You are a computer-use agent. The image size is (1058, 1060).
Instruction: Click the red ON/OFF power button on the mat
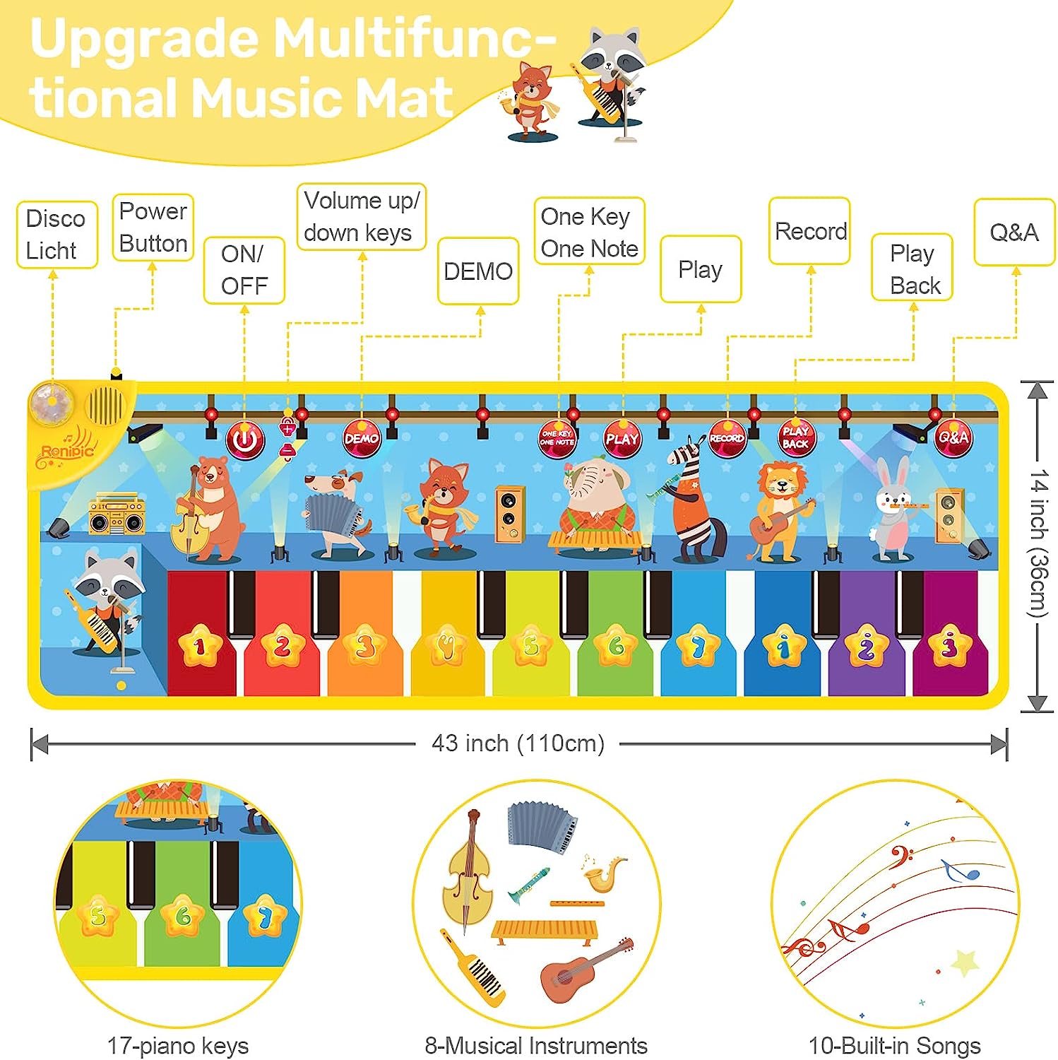244,440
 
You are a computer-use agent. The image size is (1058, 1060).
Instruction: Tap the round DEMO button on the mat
361,439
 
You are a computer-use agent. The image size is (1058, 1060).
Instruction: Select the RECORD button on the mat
727,438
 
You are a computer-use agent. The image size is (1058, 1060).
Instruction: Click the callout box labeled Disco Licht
57,235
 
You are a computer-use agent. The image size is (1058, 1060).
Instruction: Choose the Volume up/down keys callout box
361,217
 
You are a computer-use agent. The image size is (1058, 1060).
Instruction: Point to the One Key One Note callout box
589,232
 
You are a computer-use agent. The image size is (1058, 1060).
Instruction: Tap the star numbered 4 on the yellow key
447,646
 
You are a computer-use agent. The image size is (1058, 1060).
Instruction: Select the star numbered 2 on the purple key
867,646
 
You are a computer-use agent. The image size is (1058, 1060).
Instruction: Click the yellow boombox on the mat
117,514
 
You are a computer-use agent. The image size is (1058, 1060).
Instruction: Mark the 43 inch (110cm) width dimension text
518,743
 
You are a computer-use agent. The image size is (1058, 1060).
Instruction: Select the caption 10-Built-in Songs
894,1045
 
